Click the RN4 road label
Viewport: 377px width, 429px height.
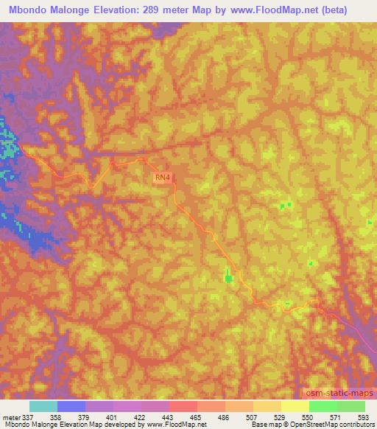163,177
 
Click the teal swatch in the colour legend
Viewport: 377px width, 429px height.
43,406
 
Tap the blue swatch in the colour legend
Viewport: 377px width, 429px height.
71,406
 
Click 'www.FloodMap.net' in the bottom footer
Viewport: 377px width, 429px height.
166,425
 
